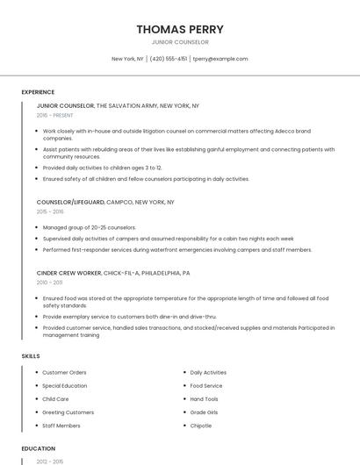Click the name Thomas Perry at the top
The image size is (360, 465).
pos(179,29)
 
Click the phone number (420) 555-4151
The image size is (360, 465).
pos(169,59)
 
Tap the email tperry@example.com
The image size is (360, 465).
pos(220,59)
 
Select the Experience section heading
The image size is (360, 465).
pos(38,92)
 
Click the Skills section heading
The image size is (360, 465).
pos(31,355)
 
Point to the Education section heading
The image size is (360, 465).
pos(38,448)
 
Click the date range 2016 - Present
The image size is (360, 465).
pos(54,115)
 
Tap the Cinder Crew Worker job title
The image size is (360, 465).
pos(68,273)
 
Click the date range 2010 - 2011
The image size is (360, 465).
pos(49,283)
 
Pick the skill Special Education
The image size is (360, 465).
pos(64,386)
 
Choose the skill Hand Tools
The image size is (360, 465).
pos(204,399)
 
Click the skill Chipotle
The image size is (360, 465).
pos(201,426)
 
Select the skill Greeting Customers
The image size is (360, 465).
pos(68,412)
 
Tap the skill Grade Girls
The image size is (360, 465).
pos(204,412)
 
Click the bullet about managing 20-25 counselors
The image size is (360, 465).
pos(83,227)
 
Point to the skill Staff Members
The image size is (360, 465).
pos(61,426)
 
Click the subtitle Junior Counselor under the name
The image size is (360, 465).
pos(179,42)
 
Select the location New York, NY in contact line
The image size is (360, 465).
pos(127,59)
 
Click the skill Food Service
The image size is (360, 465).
pos(206,386)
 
